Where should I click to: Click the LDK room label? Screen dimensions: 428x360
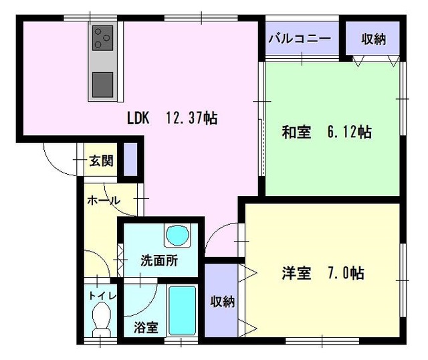(138, 118)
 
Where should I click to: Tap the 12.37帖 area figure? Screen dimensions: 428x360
(192, 118)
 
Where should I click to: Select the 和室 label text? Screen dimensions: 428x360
(296, 132)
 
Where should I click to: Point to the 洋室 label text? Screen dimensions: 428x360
(296, 273)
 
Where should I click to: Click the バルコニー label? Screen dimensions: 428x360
(300, 39)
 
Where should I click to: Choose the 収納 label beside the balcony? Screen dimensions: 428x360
(374, 39)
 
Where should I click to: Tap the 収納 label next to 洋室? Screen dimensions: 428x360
(222, 302)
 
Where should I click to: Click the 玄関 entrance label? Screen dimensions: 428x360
(101, 161)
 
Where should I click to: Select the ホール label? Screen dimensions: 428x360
(104, 201)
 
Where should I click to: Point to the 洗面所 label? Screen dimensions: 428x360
(159, 260)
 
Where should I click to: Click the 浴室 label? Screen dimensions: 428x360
(146, 327)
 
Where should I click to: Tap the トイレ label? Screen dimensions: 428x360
(103, 296)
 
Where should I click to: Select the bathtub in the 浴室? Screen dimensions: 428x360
(182, 310)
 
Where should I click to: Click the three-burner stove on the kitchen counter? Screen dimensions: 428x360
(102, 38)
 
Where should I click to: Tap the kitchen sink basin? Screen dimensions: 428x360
(102, 85)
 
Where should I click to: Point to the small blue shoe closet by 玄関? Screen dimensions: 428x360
(131, 159)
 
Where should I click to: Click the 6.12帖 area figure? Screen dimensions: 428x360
(349, 132)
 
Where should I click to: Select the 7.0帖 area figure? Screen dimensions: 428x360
(346, 273)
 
